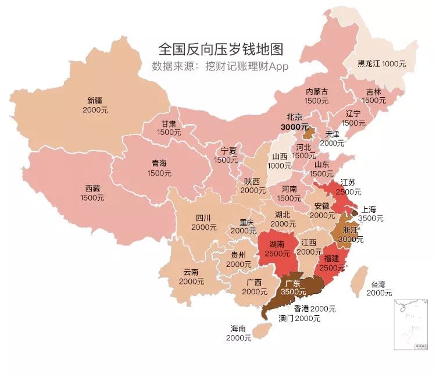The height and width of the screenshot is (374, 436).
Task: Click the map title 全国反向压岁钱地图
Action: coord(220,48)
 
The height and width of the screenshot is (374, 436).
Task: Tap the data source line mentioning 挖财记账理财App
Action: coord(220,66)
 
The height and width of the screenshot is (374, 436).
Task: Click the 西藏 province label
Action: coord(93,188)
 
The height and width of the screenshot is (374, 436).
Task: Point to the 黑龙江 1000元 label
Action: coord(381,63)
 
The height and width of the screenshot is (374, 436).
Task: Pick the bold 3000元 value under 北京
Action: coord(295,127)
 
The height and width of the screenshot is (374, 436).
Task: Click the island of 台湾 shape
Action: coord(361,278)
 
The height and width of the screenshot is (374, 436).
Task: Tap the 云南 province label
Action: coord(191,272)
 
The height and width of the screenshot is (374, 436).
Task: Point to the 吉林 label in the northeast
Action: coord(374,91)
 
